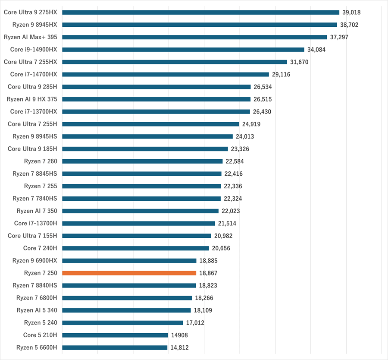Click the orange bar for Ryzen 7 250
(129, 273)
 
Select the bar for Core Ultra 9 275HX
(201, 13)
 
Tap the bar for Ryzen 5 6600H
(115, 347)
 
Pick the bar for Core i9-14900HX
(183, 50)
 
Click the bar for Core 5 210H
(115, 335)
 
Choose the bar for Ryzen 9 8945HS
(147, 136)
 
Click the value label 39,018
(352, 13)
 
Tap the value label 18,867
(209, 273)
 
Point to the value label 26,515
(263, 99)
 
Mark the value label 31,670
(299, 62)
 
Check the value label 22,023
(231, 211)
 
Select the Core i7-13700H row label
(35, 224)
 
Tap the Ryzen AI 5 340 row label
(37, 310)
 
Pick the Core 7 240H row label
(40, 248)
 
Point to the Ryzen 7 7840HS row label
(34, 199)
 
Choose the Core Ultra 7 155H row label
(32, 236)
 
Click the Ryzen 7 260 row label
(41, 161)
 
